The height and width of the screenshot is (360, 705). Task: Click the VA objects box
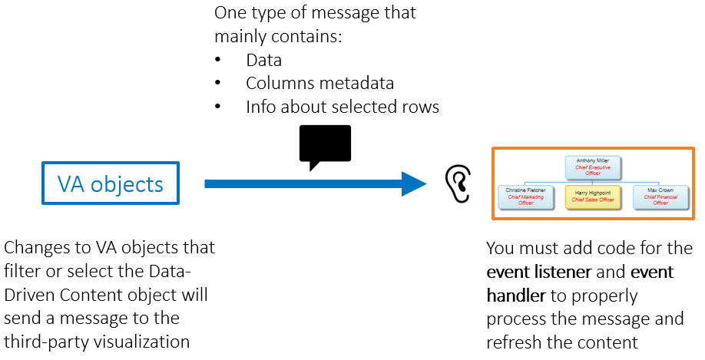click(111, 183)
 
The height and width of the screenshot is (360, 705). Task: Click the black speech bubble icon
click(324, 145)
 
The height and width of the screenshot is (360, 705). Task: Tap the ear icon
click(457, 182)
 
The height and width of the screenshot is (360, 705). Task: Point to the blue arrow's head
click(414, 183)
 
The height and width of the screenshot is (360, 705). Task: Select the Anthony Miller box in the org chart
click(593, 167)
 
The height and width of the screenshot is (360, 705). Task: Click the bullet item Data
click(263, 60)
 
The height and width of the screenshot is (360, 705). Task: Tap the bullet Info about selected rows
click(342, 107)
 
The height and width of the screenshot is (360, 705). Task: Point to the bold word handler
click(515, 296)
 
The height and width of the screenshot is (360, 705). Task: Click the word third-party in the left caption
click(47, 342)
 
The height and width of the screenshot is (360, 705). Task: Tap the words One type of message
click(315, 13)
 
